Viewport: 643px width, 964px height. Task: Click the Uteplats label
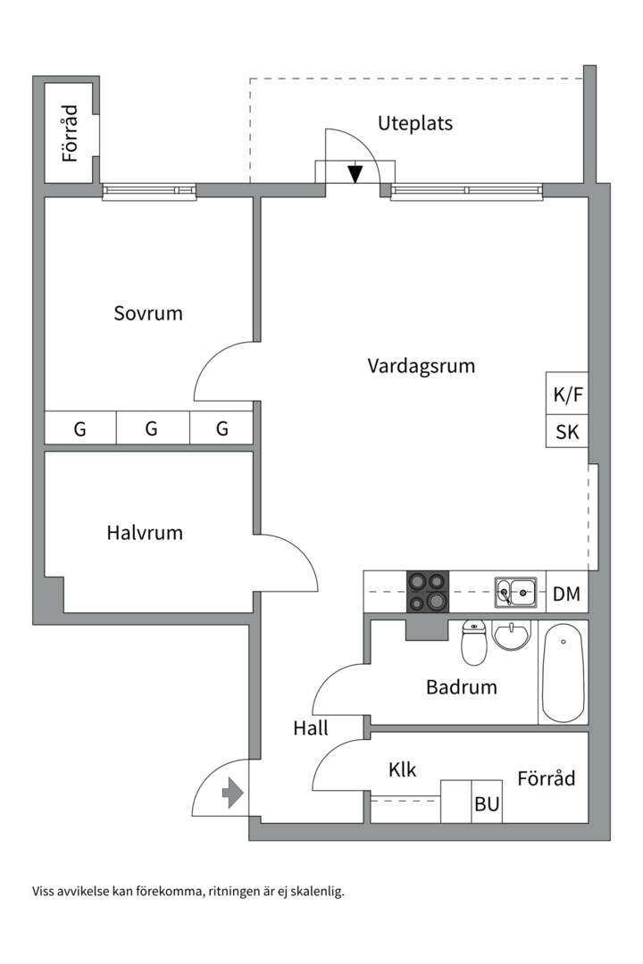[x=414, y=123]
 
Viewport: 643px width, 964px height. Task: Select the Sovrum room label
[x=148, y=313]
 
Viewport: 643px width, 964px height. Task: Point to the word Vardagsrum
[x=421, y=366]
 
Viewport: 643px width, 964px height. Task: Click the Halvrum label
[x=145, y=533]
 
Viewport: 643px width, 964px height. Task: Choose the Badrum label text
[x=461, y=687]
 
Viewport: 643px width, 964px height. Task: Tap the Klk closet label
[x=403, y=769]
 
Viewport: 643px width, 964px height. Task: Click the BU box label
[x=487, y=804]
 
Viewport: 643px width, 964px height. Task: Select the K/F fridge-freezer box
[x=567, y=395]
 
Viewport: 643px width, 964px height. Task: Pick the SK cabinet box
[x=567, y=433]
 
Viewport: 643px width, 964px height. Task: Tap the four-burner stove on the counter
[x=427, y=592]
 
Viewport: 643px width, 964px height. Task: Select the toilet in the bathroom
[x=474, y=644]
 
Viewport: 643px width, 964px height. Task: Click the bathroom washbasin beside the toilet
[x=512, y=636]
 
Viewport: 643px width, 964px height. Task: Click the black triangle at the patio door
[x=355, y=173]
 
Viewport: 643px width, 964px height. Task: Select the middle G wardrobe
[x=151, y=429]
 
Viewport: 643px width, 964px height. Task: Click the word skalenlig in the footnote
[x=313, y=891]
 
